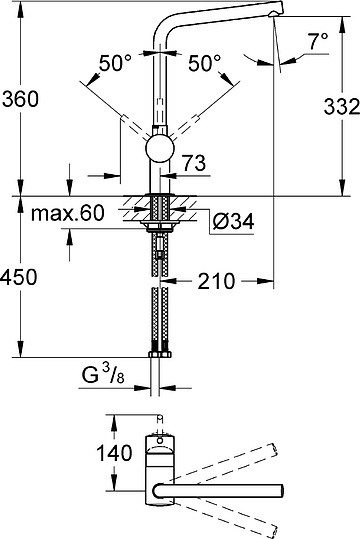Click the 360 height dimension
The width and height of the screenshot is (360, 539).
point(20,99)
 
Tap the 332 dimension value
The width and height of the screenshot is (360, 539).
point(341,106)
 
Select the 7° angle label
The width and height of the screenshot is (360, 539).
point(318,41)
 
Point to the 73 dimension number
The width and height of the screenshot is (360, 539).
point(194,163)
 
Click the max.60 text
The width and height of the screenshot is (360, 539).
point(67,213)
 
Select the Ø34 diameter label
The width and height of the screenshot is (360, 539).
point(233,221)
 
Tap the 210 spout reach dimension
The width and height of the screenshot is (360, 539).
point(216,281)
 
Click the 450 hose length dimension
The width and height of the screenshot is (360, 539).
point(18,277)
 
